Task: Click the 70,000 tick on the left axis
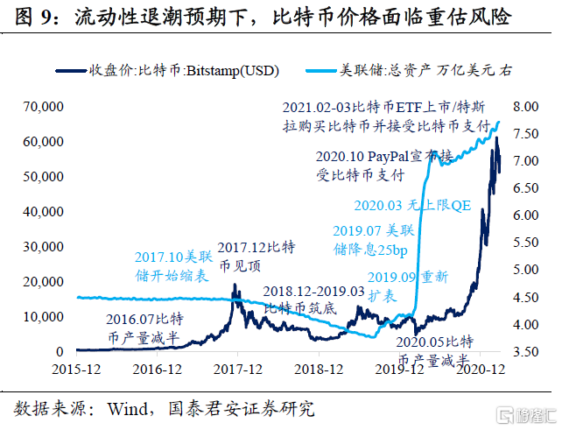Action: (x=36, y=107)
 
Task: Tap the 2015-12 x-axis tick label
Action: (x=77, y=370)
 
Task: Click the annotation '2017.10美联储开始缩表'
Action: (x=172, y=267)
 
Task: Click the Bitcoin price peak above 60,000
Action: (x=496, y=138)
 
